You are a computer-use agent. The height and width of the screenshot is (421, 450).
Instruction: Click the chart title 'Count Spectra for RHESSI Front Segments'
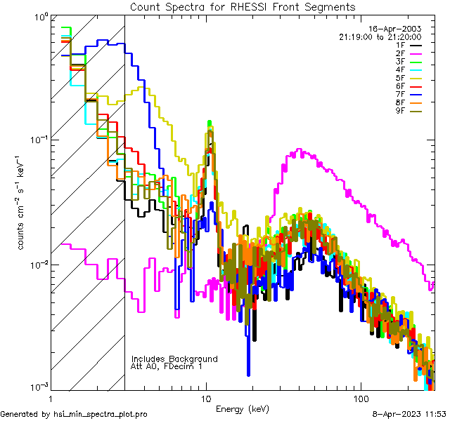coord(242,6)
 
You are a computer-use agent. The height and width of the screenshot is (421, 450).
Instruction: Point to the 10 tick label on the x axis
coord(206,398)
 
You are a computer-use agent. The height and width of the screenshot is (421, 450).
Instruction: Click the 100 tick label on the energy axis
coord(360,398)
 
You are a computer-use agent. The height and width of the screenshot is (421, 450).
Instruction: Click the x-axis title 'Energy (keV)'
coord(242,408)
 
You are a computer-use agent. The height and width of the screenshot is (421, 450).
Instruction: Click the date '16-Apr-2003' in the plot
coord(399,28)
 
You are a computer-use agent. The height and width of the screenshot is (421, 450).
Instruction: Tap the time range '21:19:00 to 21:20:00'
coord(380,36)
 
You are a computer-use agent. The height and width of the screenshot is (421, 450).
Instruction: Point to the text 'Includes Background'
coord(174,359)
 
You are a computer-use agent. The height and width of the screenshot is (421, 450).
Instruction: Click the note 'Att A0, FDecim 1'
coord(167,366)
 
